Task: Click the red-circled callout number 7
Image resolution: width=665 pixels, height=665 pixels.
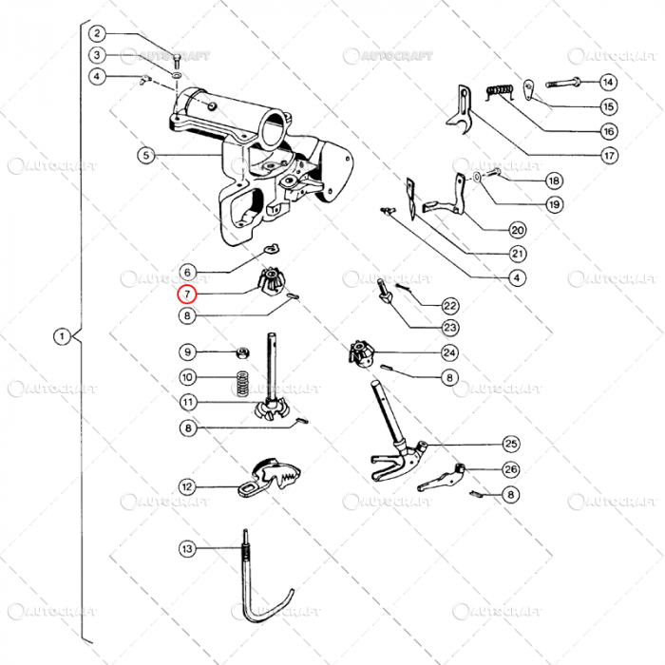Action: coord(187,294)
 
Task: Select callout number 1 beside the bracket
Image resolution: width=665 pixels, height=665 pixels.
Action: coord(62,336)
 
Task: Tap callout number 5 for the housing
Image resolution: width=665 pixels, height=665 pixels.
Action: coord(144,155)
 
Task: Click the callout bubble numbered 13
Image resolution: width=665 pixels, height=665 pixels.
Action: coord(187,548)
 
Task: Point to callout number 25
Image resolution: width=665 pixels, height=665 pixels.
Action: coord(511,444)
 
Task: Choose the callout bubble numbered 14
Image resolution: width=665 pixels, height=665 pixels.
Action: coord(608,82)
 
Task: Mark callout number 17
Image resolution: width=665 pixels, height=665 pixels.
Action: coord(608,155)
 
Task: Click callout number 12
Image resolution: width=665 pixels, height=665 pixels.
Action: coord(187,486)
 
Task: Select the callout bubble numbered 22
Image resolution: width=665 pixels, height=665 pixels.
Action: coord(449,305)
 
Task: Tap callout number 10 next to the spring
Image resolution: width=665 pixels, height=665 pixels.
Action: coord(187,377)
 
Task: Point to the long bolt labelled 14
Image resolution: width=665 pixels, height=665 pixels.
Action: coord(565,82)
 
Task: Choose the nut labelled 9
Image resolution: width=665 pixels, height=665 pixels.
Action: coord(243,353)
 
